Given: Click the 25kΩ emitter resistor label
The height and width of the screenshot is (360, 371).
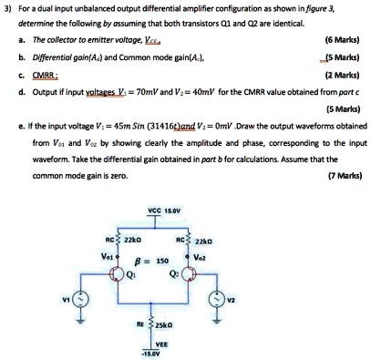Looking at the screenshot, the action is tap(196, 324).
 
